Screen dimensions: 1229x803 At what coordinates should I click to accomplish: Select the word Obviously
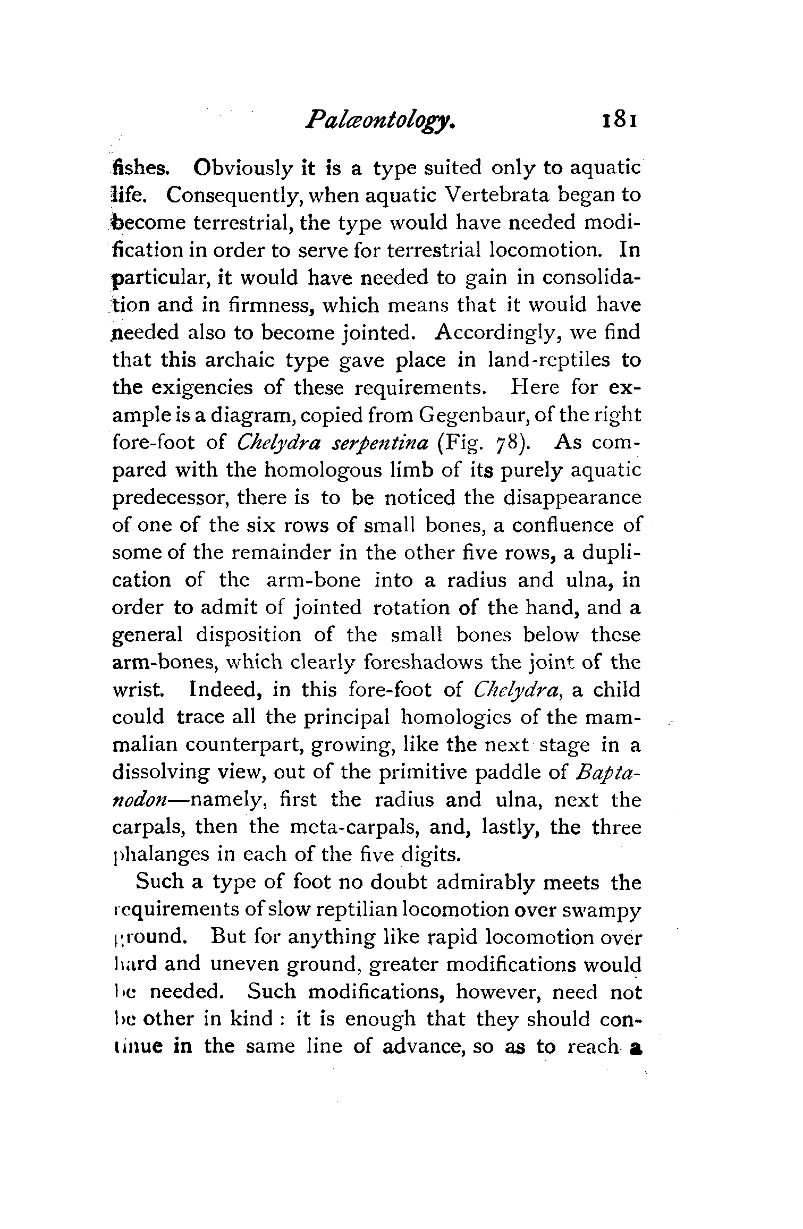(x=243, y=168)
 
